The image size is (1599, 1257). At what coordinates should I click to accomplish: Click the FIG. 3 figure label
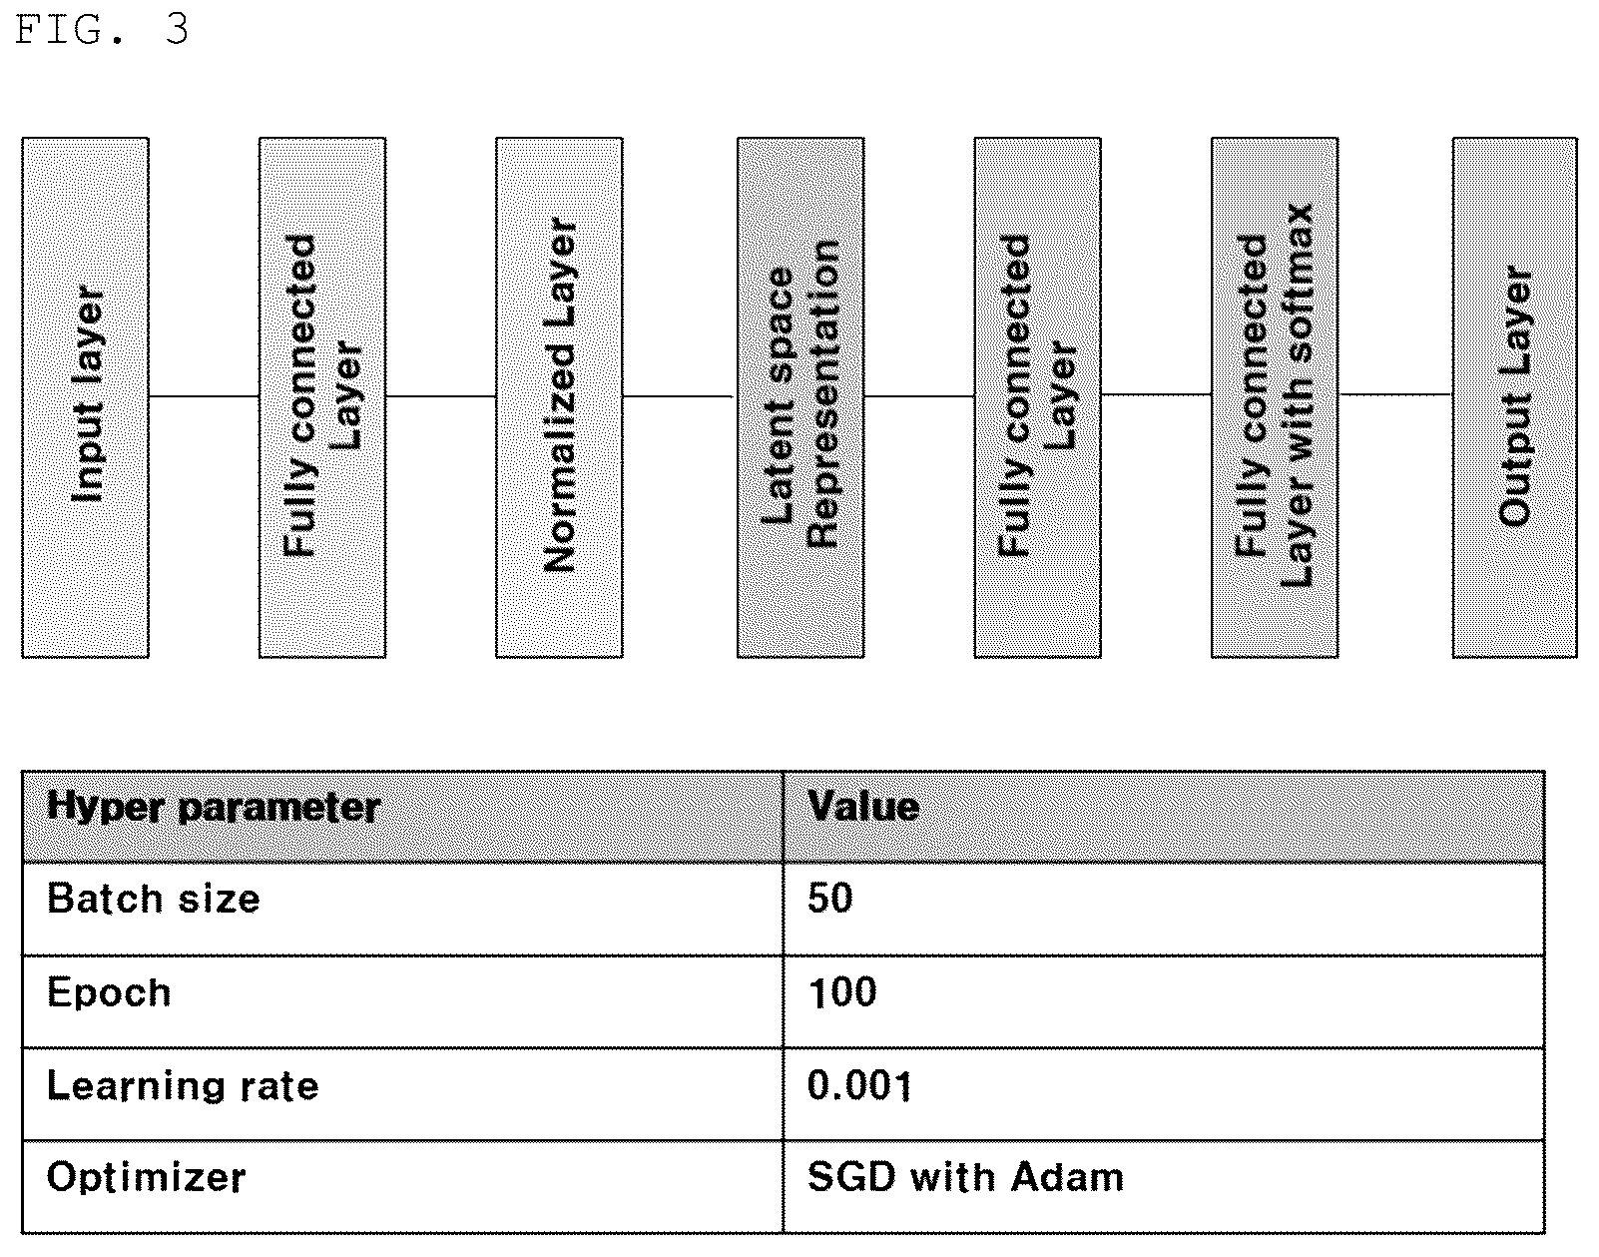[102, 30]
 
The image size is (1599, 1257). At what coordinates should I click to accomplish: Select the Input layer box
[86, 397]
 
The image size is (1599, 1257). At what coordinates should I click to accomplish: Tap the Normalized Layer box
[559, 397]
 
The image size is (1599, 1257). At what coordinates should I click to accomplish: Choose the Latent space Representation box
[800, 397]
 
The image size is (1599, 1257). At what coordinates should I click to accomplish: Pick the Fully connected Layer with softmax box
[1275, 397]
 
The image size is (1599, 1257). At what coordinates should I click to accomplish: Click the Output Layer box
[1514, 397]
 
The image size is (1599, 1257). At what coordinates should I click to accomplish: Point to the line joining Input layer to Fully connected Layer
[204, 396]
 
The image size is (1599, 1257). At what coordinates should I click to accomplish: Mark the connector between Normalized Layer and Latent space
[679, 396]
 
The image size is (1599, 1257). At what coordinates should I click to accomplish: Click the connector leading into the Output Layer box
[1395, 394]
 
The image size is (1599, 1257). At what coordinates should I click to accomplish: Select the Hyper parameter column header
[214, 808]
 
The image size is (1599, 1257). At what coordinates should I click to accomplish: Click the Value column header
[863, 806]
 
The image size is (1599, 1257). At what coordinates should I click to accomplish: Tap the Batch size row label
[153, 899]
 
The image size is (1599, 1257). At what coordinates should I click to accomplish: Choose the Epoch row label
[109, 992]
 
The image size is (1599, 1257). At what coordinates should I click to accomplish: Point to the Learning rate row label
[183, 1086]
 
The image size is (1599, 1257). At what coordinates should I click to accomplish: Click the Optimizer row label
[146, 1177]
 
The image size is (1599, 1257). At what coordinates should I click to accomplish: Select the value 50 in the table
[830, 899]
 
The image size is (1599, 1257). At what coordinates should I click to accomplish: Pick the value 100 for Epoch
[842, 992]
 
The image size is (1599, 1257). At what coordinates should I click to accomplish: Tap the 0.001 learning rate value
[860, 1085]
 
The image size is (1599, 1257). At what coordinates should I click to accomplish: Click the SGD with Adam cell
[965, 1177]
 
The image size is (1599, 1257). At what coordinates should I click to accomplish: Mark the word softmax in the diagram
[1299, 283]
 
